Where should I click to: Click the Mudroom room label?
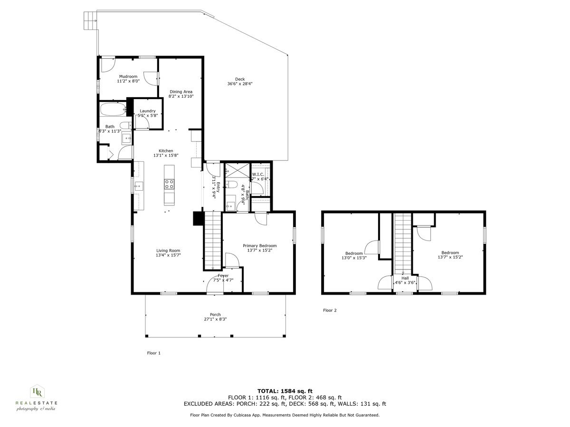(128, 76)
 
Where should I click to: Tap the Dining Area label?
(181, 92)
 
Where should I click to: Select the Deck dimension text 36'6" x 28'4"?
(239, 84)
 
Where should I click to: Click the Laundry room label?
(147, 111)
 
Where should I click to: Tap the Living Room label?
(168, 251)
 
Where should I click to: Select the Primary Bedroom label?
(259, 246)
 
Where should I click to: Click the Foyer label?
(223, 276)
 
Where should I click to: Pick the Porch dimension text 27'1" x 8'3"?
(215, 319)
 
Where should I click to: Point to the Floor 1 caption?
(153, 353)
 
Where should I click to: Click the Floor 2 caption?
(330, 310)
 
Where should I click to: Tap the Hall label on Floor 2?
(405, 278)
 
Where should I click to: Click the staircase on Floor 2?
(403, 242)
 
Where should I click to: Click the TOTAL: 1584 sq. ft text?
(285, 391)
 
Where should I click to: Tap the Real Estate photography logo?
(36, 398)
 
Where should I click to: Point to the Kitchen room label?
(163, 151)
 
